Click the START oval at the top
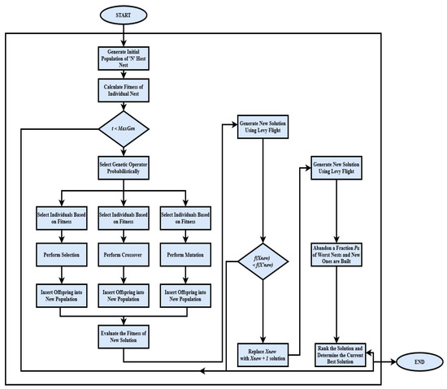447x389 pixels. [x=122, y=14]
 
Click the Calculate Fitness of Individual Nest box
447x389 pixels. [x=122, y=91]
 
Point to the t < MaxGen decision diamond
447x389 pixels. [x=122, y=129]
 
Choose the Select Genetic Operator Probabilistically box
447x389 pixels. [x=122, y=169]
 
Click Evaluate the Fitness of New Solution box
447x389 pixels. [x=122, y=334]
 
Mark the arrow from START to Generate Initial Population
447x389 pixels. [x=122, y=34]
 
